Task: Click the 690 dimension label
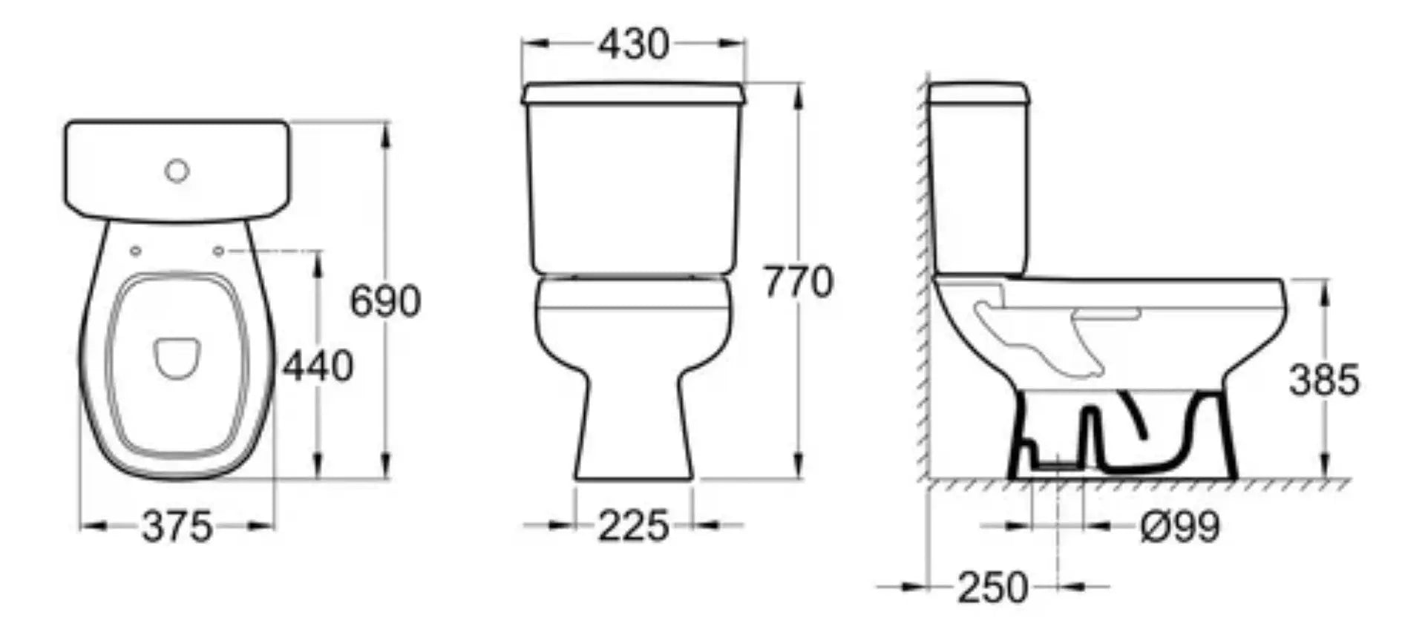click(385, 301)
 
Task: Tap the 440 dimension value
click(318, 366)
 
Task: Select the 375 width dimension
click(177, 527)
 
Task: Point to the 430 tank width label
click(634, 45)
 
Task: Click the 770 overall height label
click(799, 282)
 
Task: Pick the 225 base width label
click(634, 527)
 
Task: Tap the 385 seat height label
click(1324, 380)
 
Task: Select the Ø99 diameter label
click(1180, 527)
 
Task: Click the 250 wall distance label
click(993, 588)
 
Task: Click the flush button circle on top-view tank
click(177, 171)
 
